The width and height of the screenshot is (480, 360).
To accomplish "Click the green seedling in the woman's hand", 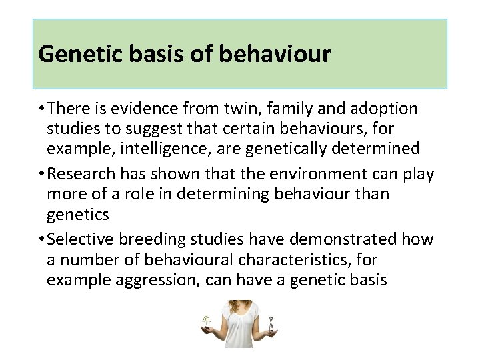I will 206,321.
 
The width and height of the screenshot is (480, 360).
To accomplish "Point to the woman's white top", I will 239,330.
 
